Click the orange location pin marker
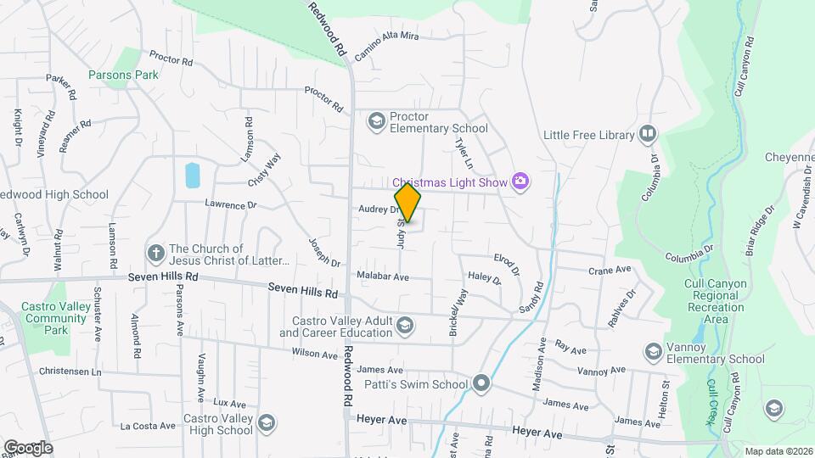tap(407, 203)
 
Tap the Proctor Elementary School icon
tap(376, 122)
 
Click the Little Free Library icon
tap(648, 135)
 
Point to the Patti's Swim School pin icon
tap(482, 384)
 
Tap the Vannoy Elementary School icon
tap(653, 351)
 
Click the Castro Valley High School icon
tap(267, 422)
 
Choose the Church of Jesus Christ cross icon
tap(155, 254)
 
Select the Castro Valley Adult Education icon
tap(406, 326)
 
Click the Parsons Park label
tap(123, 75)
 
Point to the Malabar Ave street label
tap(383, 276)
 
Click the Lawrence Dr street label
tap(230, 205)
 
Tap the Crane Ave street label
tap(610, 270)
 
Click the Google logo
tap(28, 447)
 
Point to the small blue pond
tap(192, 176)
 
